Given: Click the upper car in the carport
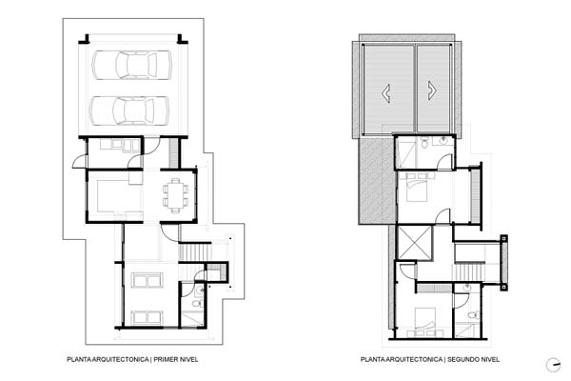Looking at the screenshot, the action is [x=132, y=65].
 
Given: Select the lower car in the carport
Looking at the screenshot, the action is [x=129, y=110].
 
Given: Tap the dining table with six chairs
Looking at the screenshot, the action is [x=175, y=195].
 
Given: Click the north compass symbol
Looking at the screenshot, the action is [x=554, y=365].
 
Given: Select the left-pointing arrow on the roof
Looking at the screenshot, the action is [x=386, y=93].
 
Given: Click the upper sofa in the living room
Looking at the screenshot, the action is [x=147, y=280].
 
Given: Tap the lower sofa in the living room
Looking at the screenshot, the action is [x=147, y=317].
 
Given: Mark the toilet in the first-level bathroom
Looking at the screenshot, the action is [x=197, y=303].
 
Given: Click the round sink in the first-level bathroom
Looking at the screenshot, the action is [x=199, y=291].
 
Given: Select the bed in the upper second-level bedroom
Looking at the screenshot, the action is [x=417, y=187].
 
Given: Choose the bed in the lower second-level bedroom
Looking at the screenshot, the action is [x=425, y=322].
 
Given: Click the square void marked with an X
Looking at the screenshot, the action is [x=415, y=243].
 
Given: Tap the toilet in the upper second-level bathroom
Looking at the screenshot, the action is [x=424, y=142].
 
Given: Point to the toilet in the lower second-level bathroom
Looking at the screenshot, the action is [x=472, y=315].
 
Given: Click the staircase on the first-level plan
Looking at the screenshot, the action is [x=195, y=252].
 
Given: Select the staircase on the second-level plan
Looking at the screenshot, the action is [x=468, y=271].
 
